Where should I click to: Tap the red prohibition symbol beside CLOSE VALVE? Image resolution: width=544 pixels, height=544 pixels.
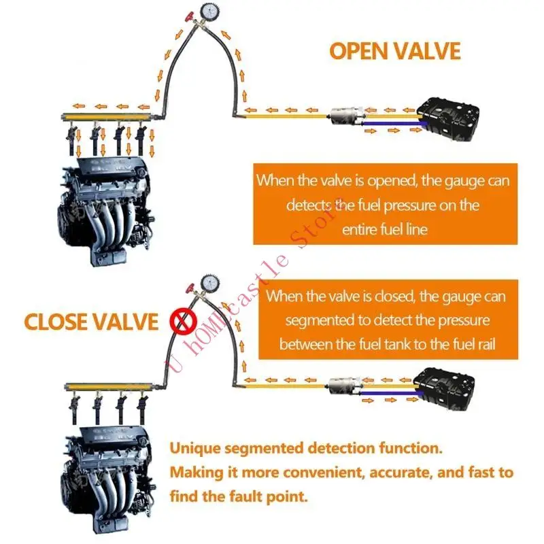(x=182, y=322)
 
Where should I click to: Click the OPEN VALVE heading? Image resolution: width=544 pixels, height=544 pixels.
(x=395, y=51)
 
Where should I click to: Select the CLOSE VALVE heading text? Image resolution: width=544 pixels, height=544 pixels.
(x=90, y=321)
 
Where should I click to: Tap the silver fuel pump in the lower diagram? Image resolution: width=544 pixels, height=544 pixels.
(x=343, y=386)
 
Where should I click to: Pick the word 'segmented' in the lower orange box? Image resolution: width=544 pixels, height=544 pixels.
(x=319, y=320)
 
